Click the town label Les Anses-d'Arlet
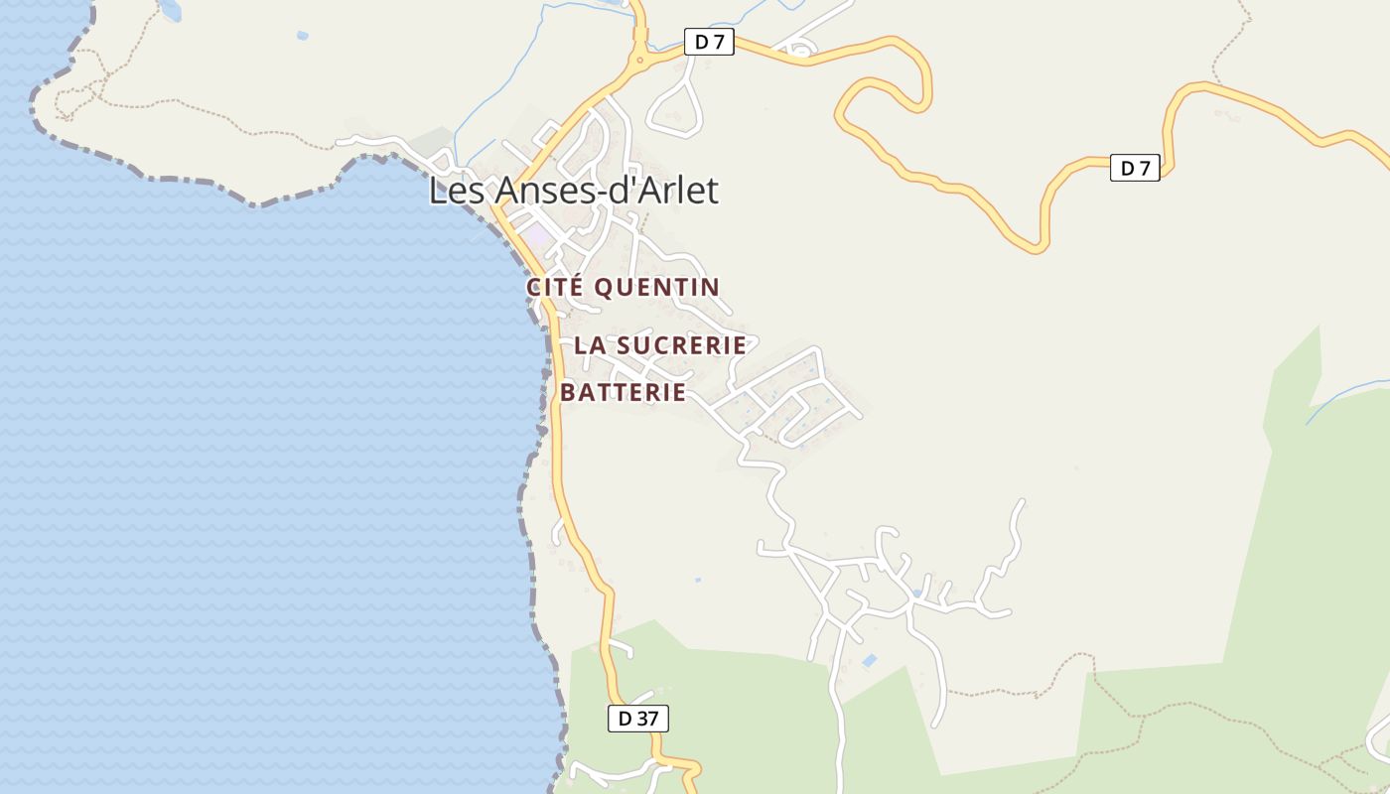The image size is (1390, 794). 573,191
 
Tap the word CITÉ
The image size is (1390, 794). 554,288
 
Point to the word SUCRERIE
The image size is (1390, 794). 681,345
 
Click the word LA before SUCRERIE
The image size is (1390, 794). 590,345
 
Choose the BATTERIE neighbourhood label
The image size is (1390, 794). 623,392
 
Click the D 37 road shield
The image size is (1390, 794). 637,719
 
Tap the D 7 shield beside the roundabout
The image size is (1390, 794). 709,42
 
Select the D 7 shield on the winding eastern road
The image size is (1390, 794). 1134,169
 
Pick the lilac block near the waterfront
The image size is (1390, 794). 537,237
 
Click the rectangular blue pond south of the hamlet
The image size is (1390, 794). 870,660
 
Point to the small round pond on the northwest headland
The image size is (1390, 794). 302,36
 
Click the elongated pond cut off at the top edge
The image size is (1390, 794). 170,9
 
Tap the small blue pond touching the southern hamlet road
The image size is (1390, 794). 918,594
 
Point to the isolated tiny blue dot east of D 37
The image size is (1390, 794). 698,580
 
